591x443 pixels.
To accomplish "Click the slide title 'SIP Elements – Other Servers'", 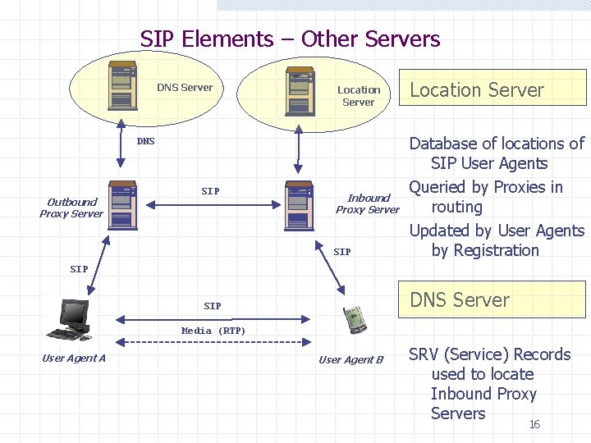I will coord(290,39).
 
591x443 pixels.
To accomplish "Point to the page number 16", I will coord(534,424).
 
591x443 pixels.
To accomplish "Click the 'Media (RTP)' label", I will coord(213,331).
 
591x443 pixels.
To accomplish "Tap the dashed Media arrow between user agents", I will coord(213,341).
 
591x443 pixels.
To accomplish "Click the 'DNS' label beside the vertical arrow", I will coord(145,141).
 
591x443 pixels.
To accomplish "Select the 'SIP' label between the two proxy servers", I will coord(210,191).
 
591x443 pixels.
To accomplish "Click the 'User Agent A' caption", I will coord(74,358).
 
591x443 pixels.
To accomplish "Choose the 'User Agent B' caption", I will coord(350,359).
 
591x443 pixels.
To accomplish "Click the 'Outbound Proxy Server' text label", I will coord(71,208).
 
